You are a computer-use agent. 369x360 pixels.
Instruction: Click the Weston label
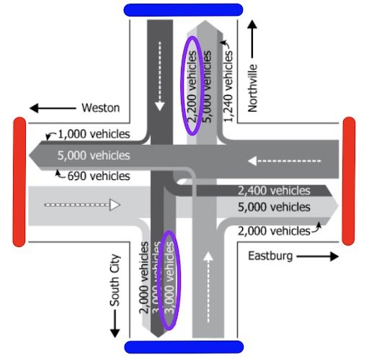point(100,108)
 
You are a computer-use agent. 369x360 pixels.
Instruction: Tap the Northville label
point(253,88)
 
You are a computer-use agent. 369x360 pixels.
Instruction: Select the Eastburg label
point(270,256)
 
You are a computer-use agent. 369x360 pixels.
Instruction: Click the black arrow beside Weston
point(50,108)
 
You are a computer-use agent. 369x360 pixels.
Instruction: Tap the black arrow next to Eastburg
point(316,256)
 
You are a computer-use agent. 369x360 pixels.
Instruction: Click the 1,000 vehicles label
point(94,134)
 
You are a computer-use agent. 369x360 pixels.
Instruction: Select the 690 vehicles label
point(99,176)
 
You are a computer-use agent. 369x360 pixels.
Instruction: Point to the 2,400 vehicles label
point(274,191)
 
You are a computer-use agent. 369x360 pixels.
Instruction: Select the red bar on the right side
point(349,181)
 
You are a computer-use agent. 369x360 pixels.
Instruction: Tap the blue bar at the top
point(183,9)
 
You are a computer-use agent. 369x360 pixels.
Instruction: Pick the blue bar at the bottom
point(183,348)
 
